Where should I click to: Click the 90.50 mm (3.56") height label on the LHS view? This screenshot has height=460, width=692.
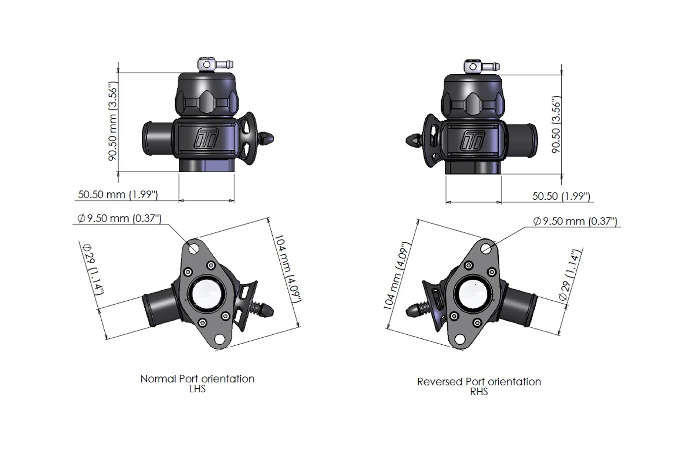tap(113, 121)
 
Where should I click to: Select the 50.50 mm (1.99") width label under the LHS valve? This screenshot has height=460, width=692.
tap(118, 194)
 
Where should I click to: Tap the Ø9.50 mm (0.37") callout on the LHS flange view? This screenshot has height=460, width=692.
tap(119, 218)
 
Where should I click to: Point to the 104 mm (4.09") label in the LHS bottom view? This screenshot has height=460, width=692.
tap(288, 268)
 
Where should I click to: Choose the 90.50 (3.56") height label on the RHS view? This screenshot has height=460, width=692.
tap(556, 125)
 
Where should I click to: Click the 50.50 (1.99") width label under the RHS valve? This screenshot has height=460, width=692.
tap(561, 196)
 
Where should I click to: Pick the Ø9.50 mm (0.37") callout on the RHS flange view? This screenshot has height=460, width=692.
tap(575, 221)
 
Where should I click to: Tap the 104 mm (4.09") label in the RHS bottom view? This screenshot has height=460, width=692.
tap(396, 276)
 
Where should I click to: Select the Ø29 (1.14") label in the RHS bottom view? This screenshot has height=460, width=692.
tap(570, 275)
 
